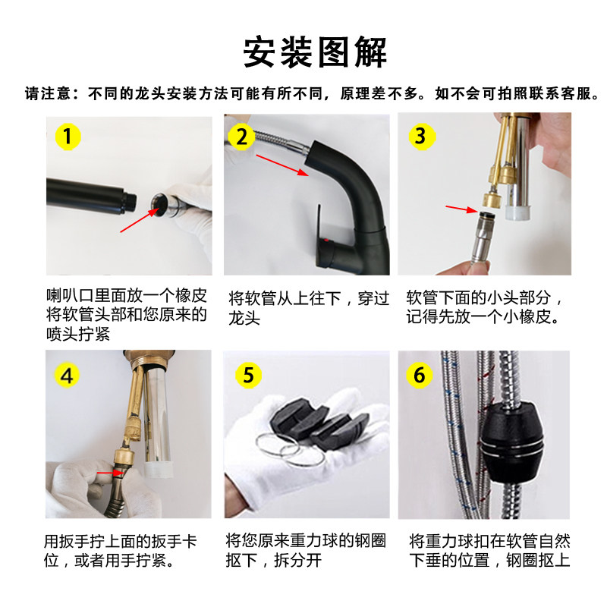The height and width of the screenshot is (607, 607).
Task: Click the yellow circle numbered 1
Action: tap(68, 137)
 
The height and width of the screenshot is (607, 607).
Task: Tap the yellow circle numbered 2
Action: tap(241, 137)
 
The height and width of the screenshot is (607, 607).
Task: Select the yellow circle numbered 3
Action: tap(422, 137)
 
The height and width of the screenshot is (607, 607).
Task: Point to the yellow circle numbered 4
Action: tap(67, 376)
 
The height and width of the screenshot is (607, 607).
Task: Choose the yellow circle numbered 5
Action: tap(249, 375)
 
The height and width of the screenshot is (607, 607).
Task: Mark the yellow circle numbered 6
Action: tap(420, 375)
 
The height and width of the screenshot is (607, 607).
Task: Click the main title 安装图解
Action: tap(315, 52)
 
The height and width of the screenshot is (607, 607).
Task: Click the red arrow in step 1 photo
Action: tap(140, 220)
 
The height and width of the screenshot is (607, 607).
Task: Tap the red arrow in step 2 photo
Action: tap(282, 165)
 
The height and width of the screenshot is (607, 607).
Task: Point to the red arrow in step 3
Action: tap(462, 209)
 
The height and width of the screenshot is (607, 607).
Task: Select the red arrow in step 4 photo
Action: tap(110, 473)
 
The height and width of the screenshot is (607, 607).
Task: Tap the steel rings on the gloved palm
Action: tap(288, 450)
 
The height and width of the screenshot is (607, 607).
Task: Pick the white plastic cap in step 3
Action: tap(518, 212)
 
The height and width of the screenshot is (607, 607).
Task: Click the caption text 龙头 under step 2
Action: tap(244, 318)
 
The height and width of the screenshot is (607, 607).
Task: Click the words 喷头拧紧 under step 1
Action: tap(78, 334)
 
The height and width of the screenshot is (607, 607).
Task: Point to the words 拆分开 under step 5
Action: tap(297, 560)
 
